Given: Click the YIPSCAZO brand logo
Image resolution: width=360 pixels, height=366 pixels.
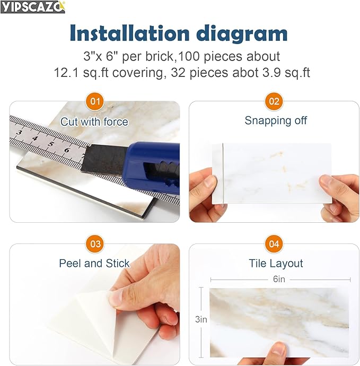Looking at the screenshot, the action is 33,7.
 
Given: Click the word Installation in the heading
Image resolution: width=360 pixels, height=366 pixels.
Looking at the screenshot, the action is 129,33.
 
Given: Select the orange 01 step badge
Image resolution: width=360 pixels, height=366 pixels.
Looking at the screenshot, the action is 95,101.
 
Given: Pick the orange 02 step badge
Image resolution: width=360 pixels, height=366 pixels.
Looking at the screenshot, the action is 274,101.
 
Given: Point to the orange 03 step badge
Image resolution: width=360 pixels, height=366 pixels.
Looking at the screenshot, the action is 95,244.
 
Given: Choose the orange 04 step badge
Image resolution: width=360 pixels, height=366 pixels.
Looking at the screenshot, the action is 274,244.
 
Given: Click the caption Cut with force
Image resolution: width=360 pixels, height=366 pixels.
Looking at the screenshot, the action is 94,122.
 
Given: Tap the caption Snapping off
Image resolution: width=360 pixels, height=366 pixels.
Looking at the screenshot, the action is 276,121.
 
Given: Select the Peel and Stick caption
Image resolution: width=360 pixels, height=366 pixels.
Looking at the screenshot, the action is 94,264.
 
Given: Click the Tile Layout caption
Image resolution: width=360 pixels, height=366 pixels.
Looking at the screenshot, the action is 276,264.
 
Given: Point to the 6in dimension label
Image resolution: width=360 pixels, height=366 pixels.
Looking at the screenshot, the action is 279,279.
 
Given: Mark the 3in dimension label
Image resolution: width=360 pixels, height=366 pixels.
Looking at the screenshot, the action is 201,319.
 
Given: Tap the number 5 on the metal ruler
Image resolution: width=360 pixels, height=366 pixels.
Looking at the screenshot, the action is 51,144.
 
